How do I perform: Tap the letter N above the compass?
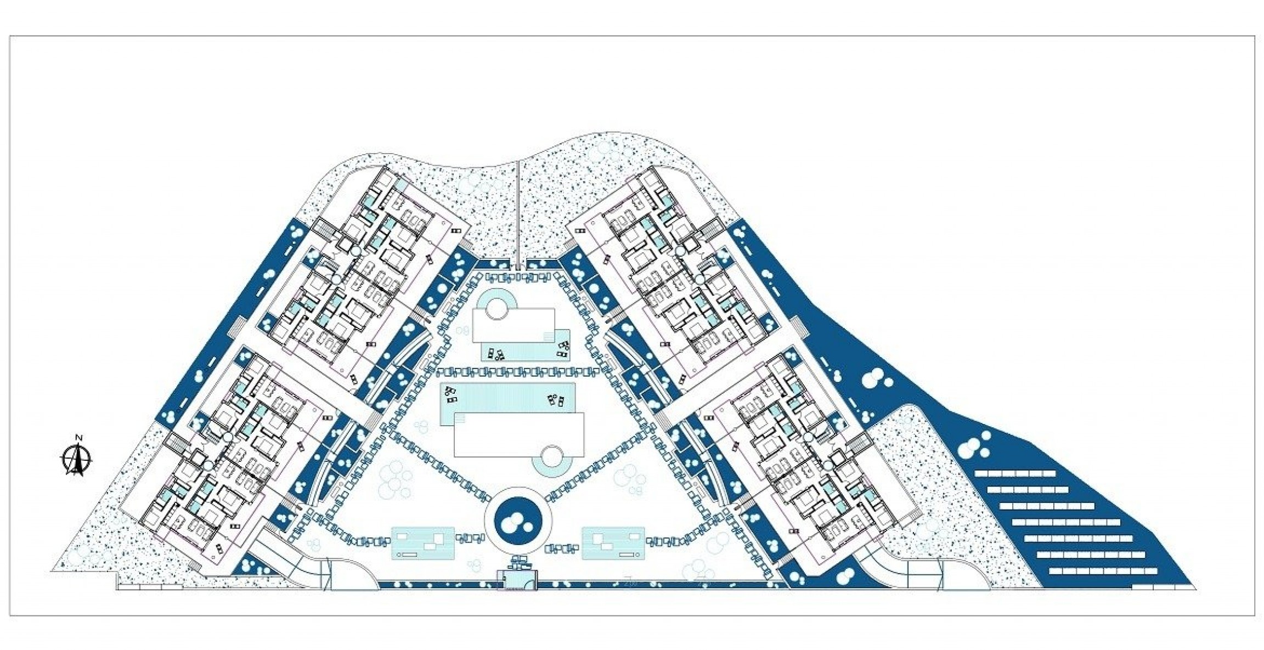[78, 437]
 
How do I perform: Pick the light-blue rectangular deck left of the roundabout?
[422, 543]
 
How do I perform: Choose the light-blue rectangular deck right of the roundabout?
[613, 543]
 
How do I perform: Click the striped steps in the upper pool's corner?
[547, 335]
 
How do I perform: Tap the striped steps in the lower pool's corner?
[459, 419]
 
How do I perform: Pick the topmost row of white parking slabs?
[1014, 473]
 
